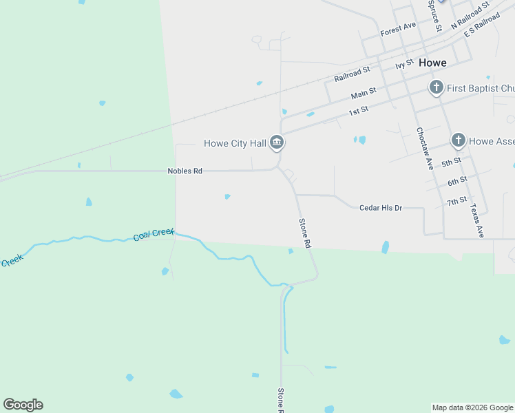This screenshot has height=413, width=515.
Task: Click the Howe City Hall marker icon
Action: [277, 143]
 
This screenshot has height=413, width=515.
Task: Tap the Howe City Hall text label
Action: [235, 143]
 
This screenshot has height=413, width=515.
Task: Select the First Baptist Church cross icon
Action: [436, 88]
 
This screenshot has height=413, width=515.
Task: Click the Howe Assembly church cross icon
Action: [459, 141]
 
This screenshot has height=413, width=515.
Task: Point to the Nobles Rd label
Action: [185, 171]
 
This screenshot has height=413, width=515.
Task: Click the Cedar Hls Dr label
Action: [380, 207]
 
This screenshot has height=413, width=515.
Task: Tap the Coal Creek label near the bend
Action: [154, 234]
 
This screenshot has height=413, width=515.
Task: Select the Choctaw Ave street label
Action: [424, 149]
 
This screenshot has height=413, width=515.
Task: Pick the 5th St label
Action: [450, 163]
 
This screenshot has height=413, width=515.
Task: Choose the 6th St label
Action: [456, 182]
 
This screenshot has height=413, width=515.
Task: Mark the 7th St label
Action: [456, 202]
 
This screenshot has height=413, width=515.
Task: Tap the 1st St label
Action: [358, 110]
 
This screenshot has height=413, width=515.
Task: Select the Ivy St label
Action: [404, 64]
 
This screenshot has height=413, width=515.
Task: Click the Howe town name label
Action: [432, 63]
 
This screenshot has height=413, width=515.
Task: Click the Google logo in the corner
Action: [23, 405]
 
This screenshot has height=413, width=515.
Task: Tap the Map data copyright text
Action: [472, 407]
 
